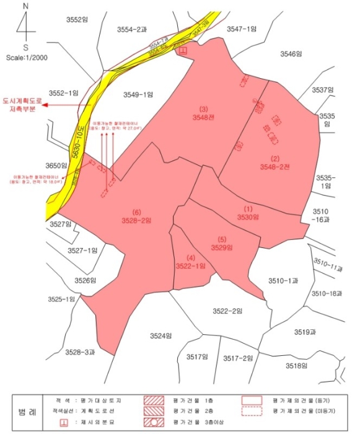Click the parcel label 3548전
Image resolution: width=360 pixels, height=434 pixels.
click(x=203, y=116)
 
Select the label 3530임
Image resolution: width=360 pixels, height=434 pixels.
click(x=248, y=217)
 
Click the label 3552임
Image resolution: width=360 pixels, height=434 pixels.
click(x=78, y=20)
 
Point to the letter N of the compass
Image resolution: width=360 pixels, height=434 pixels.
click(x=25, y=6)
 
